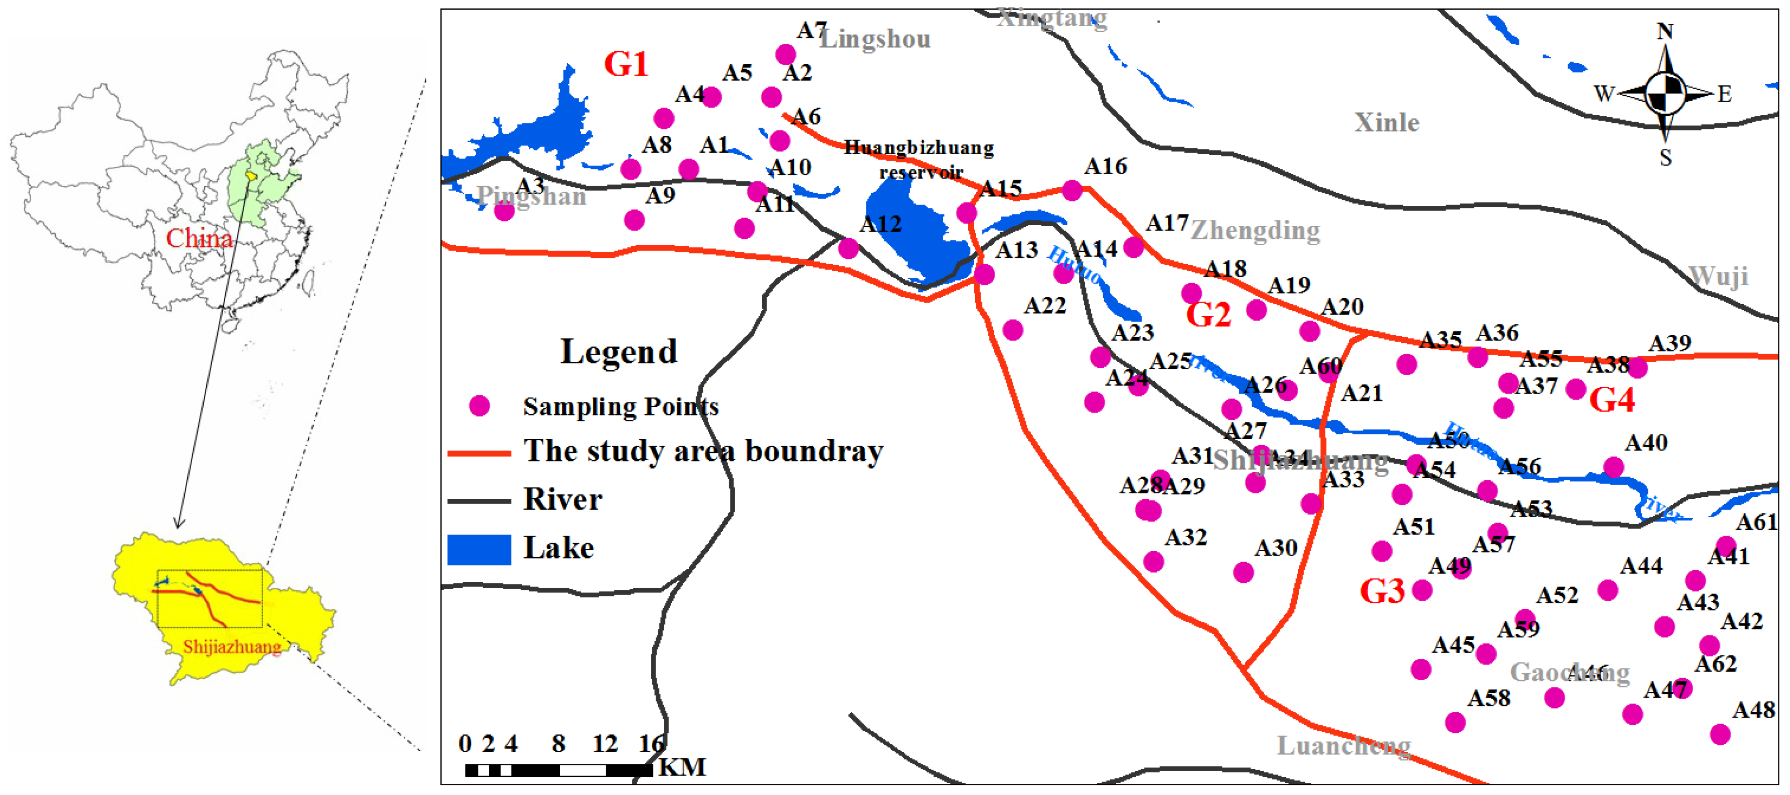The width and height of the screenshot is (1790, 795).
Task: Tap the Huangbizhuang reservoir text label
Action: (x=919, y=159)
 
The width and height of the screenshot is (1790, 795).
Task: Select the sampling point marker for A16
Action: (x=1072, y=190)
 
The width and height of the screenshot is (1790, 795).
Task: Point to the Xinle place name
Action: (x=1386, y=123)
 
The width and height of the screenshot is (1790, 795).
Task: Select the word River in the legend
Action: (x=562, y=500)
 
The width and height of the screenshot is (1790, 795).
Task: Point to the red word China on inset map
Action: (x=199, y=238)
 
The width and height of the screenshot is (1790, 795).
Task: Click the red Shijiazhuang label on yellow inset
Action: (x=232, y=646)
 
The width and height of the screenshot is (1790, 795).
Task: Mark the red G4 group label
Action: (x=1611, y=400)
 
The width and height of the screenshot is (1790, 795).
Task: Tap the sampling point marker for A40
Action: (x=1613, y=467)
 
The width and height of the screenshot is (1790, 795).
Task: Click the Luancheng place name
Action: (x=1343, y=746)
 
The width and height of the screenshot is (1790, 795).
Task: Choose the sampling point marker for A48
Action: (x=1720, y=734)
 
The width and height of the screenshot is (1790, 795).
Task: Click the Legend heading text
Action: (x=618, y=352)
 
